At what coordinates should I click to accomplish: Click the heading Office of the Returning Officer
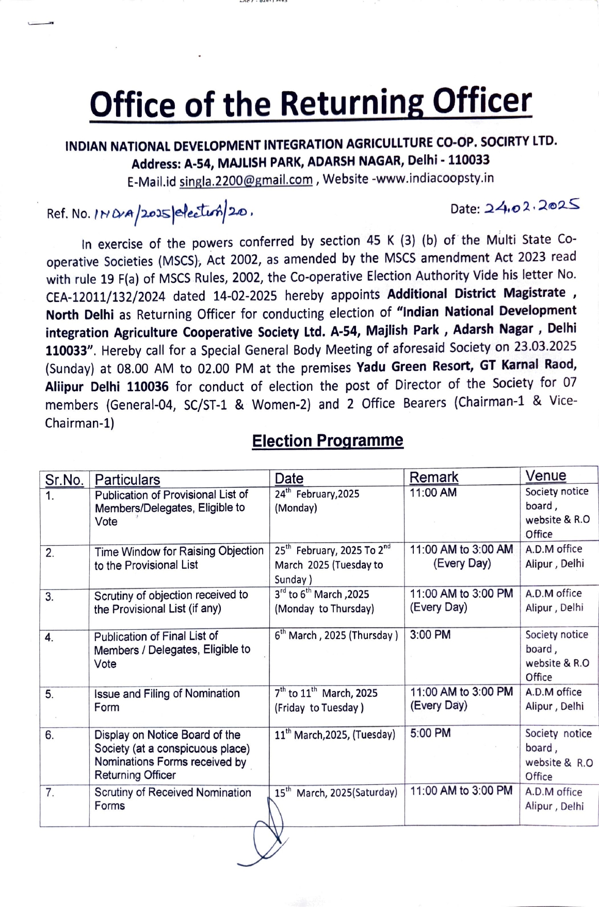coord(310,103)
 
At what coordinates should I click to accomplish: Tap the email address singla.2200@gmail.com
coord(246,180)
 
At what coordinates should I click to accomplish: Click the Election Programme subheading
coord(327,440)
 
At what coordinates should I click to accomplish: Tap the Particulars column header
coord(127,480)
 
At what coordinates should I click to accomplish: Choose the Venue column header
coord(545,476)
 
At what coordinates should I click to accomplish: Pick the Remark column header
coord(433,478)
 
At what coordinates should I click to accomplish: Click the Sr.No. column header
coord(64,480)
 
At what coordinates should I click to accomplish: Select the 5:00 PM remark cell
coord(430,733)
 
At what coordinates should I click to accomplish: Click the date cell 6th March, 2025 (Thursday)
coord(336,635)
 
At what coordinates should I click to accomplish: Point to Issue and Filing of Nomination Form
coord(167,700)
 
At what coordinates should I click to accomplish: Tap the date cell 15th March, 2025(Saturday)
coord(336,792)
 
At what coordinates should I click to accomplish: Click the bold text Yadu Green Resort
coord(414,367)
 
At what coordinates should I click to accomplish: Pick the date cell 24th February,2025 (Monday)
coord(317,501)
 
